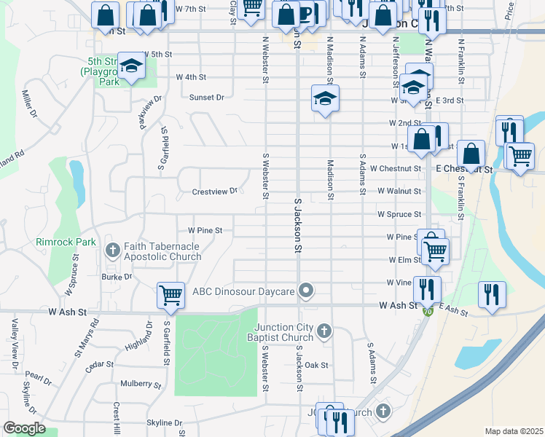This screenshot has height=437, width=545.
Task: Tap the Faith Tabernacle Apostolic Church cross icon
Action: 113,251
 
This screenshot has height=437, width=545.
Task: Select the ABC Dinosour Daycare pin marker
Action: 307,291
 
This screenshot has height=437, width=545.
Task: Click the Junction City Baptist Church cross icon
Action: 325,332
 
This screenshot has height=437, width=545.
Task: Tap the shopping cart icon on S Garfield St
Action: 170,294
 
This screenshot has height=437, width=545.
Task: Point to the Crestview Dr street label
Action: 214,192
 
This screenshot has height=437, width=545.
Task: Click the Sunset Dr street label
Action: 207,97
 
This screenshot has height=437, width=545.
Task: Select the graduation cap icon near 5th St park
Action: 132,67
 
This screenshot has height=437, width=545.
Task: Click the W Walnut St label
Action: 399,191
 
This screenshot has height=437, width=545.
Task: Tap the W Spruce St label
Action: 399,214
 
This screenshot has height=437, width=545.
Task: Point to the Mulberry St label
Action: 141,384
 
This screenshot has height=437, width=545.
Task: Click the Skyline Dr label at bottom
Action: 164,422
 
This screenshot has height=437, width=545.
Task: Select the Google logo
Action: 24,428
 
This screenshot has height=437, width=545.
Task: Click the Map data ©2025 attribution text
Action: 514,431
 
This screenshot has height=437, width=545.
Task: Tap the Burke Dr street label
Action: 117,277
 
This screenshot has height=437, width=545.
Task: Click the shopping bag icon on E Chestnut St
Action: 472,154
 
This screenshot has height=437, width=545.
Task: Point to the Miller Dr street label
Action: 29,103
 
